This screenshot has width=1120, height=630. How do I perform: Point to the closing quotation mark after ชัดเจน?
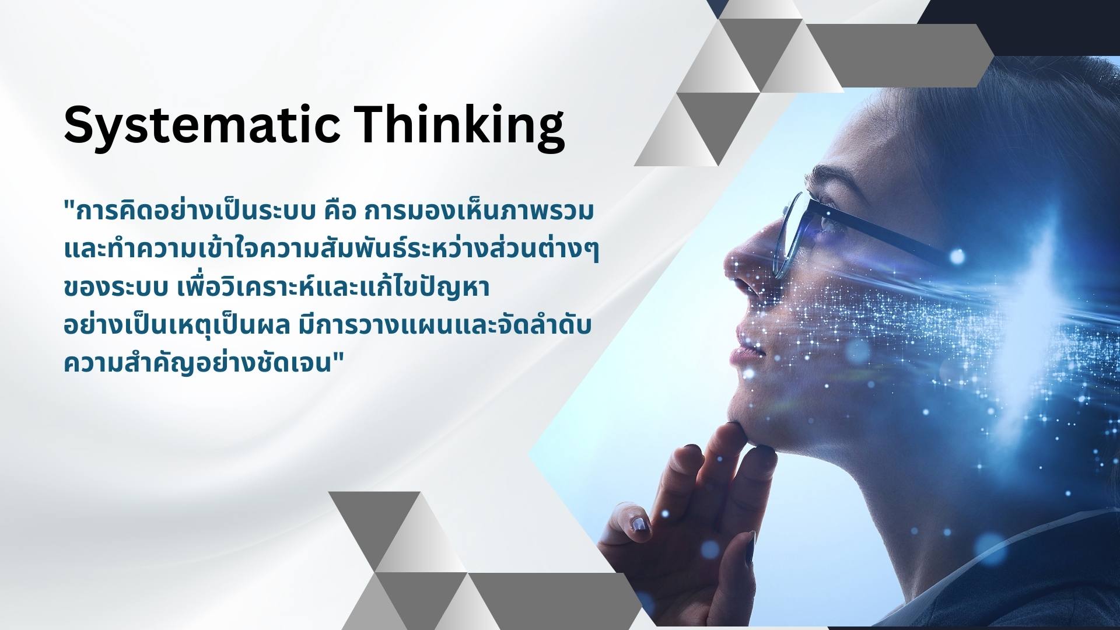pos(338,358)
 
